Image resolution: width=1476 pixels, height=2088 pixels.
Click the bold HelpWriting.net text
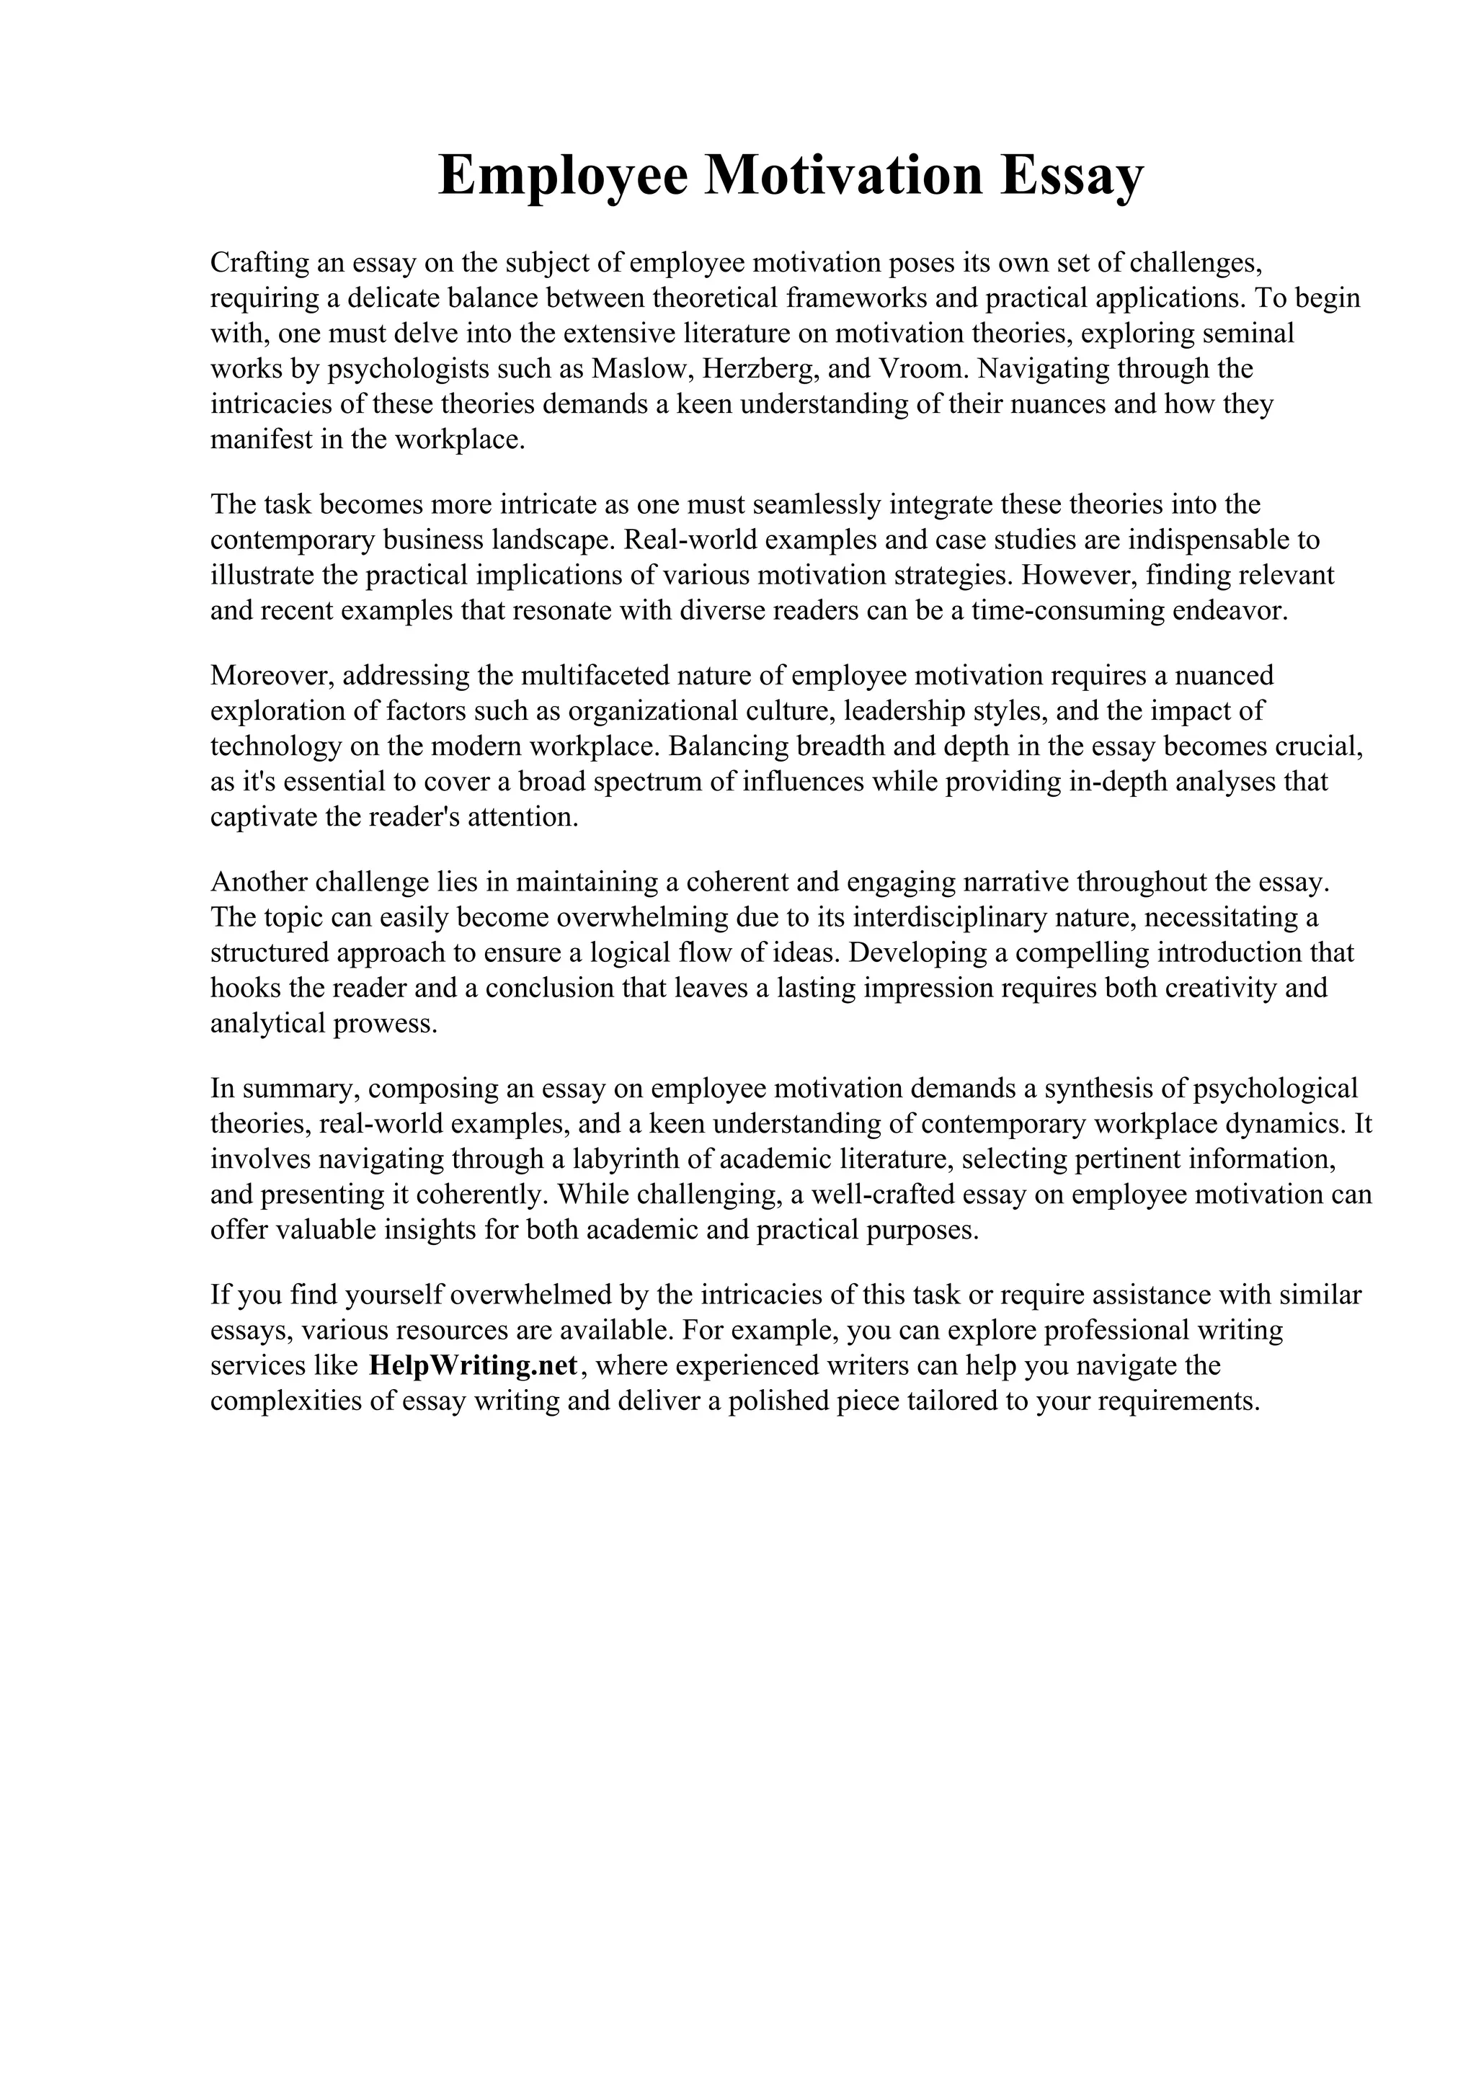473,1391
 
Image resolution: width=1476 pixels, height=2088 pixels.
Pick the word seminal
1247,334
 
